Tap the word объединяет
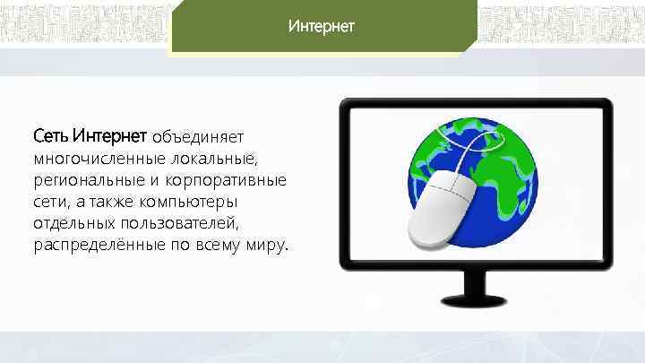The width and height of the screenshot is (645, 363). pyautogui.click(x=197, y=137)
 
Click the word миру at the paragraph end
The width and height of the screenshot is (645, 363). pyautogui.click(x=268, y=245)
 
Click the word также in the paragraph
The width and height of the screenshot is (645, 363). pyautogui.click(x=113, y=202)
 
